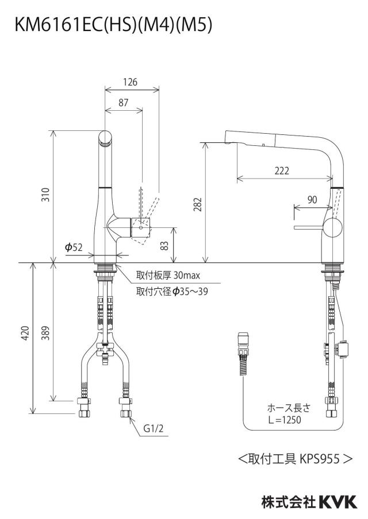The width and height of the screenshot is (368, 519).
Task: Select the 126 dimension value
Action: [130, 82]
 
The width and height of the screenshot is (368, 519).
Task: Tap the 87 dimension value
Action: [123, 103]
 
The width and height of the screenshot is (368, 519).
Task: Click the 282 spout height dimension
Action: [197, 205]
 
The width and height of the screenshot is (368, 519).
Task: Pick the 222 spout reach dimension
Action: [282, 171]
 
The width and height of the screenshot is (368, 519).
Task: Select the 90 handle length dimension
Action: [312, 200]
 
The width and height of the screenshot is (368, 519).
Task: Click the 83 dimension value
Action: [164, 246]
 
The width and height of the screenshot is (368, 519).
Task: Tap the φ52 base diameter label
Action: [74, 247]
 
